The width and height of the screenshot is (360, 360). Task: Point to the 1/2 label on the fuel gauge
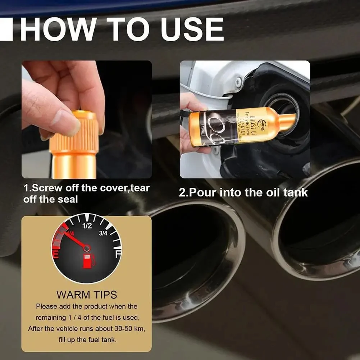pyautogui.click(x=87, y=226)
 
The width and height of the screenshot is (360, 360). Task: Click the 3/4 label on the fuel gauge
pyautogui.click(x=103, y=233)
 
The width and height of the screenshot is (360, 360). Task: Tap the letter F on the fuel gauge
pyautogui.click(x=117, y=254)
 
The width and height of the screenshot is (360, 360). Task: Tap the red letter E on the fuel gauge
pyautogui.click(x=56, y=255)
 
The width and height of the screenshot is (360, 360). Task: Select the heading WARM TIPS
pyautogui.click(x=86, y=295)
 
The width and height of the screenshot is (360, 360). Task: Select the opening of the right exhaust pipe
pyautogui.click(x=320, y=219)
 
